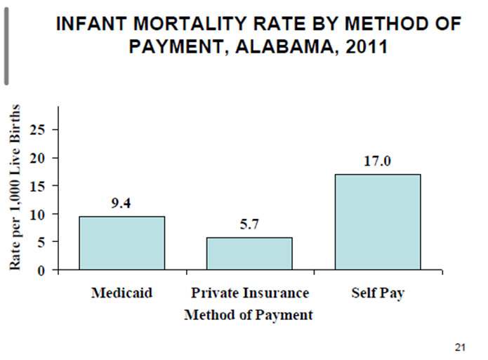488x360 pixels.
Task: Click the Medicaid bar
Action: (x=122, y=243)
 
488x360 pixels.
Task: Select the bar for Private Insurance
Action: (x=249, y=253)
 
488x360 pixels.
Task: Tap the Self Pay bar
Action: (x=377, y=222)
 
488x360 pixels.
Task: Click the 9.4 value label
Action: (x=122, y=204)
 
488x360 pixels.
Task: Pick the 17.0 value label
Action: (x=377, y=161)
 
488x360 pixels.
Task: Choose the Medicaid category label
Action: (x=122, y=292)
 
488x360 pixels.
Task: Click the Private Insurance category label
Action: (x=250, y=292)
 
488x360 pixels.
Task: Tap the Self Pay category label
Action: (x=378, y=292)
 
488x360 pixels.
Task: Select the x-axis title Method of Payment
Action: (x=249, y=314)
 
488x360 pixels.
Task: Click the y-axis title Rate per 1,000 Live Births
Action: (x=15, y=187)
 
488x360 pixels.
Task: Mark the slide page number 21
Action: (x=461, y=347)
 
